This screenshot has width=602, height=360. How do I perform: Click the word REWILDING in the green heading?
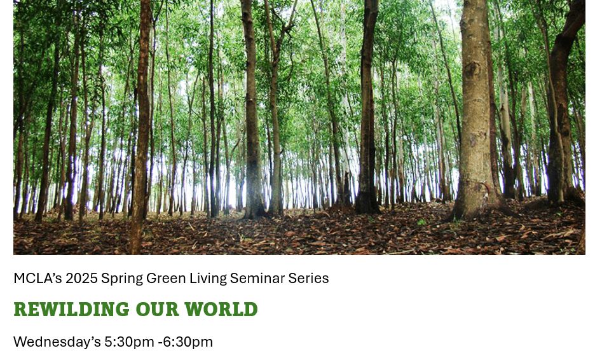coord(72,309)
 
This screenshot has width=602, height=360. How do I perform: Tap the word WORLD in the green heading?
coord(221,309)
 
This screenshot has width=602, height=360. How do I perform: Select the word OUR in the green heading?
coord(158,309)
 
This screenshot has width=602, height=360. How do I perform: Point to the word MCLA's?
coord(38,278)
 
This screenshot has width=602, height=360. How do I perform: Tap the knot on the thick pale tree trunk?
coord(472,70)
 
